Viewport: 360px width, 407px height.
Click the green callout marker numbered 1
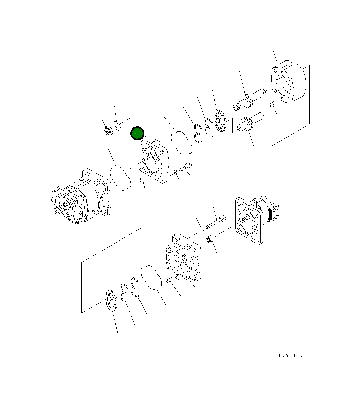137,134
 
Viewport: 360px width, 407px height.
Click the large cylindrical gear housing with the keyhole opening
288,81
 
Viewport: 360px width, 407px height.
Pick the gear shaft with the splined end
249,100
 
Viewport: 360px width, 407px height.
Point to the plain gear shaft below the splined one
250,122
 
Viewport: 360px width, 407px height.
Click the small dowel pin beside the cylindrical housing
272,104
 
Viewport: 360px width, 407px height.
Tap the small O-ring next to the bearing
117,125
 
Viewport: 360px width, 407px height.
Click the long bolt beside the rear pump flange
216,222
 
